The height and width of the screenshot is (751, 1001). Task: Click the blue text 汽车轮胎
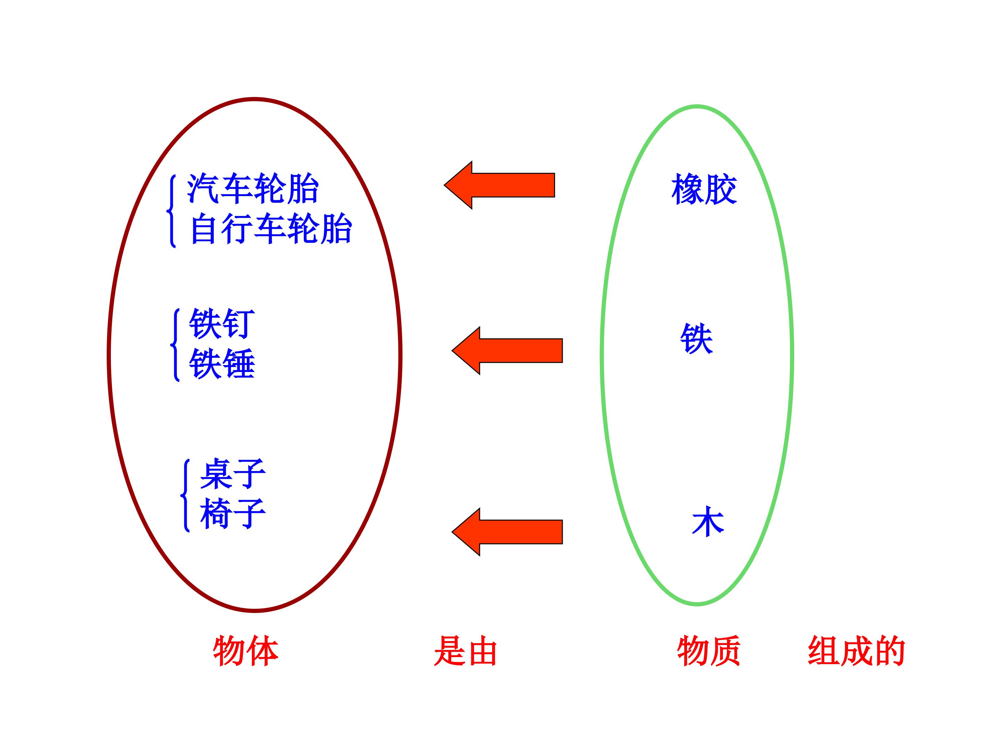pos(253,188)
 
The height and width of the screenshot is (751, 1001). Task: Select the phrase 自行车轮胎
pos(271,229)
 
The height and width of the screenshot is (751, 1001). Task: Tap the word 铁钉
pos(222,323)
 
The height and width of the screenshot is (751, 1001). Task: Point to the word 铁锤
pos(222,363)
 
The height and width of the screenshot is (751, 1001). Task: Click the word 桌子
pos(233,474)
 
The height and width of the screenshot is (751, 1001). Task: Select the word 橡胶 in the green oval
pos(704,189)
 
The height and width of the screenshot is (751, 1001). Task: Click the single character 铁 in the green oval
pos(697,339)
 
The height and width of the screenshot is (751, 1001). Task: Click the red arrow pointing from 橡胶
pos(499,185)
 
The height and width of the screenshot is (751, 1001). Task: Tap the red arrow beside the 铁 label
pos(507,351)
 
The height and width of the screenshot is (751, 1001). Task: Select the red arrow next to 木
pos(507,532)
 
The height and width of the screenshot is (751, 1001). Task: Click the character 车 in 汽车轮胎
pos(237,188)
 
